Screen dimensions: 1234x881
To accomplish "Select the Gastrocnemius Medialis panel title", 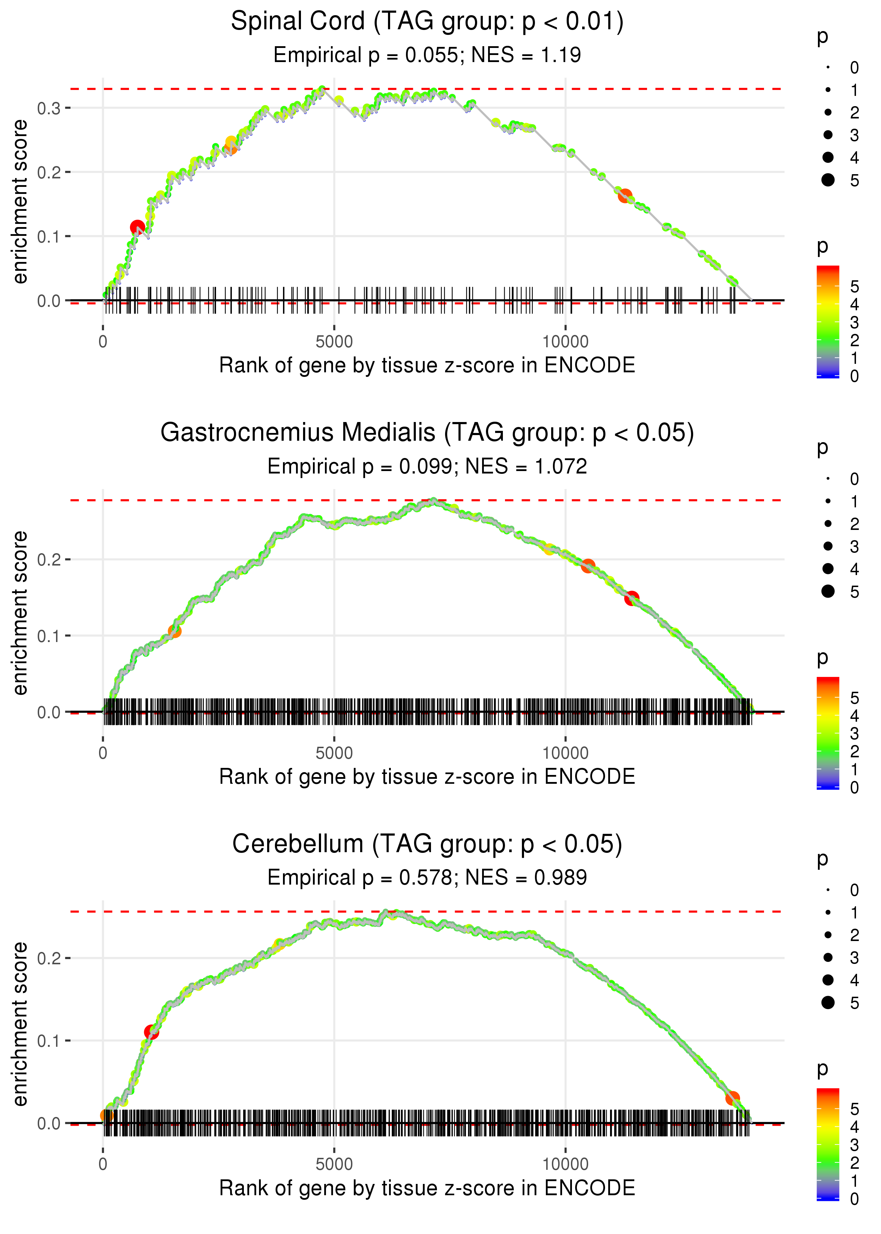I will click(427, 433).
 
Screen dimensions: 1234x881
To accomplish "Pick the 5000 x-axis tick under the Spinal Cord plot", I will click(334, 342).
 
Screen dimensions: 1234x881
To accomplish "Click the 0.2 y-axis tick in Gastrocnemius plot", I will click(49, 560).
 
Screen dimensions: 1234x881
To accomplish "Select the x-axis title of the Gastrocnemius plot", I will click(427, 777).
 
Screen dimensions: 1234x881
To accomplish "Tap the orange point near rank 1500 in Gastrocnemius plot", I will click(174, 631).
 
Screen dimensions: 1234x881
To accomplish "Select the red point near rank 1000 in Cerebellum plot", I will click(151, 1032).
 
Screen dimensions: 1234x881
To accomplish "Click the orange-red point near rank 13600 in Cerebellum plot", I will click(732, 1098).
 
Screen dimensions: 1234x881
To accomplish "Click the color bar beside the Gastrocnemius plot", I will click(827, 733).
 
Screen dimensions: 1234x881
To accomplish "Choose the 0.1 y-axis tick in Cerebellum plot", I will click(49, 1041).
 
